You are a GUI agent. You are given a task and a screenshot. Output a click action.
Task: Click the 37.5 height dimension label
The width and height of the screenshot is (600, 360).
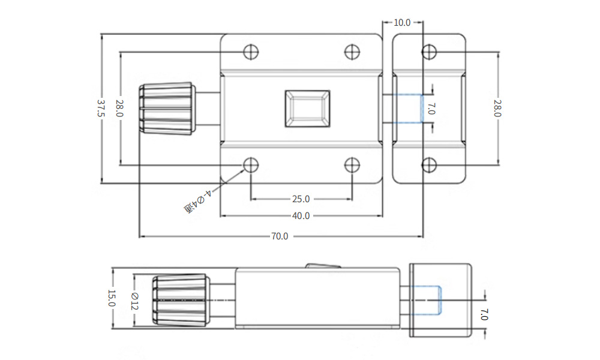(101, 108)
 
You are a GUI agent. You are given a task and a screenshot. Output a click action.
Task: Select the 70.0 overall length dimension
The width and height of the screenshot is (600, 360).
(280, 236)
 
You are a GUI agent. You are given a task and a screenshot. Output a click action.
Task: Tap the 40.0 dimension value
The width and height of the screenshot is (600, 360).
(301, 216)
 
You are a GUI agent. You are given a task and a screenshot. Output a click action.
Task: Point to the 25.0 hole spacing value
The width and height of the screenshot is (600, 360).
(301, 199)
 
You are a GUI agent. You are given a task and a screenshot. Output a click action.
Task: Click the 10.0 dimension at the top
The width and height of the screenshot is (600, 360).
(402, 23)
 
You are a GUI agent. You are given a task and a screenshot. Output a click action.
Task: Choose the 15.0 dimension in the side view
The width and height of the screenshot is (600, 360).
(112, 298)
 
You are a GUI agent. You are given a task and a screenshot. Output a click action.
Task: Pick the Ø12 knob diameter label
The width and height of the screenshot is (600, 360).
(134, 301)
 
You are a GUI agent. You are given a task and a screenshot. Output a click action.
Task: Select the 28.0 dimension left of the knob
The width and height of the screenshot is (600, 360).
(120, 108)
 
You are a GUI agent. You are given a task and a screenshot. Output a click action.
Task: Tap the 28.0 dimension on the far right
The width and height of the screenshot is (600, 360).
(497, 108)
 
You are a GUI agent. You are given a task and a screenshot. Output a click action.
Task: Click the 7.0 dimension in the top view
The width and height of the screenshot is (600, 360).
(431, 108)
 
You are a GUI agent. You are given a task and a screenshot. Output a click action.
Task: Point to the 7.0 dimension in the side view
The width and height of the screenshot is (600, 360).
(484, 314)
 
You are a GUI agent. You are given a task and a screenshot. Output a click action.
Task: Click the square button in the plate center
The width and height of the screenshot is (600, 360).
(307, 109)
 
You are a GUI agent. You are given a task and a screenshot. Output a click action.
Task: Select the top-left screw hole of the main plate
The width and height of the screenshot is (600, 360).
(251, 52)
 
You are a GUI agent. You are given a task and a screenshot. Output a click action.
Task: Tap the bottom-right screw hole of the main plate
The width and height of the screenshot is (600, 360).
(352, 165)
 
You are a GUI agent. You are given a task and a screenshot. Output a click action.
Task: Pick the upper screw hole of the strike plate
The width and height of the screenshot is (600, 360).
(430, 52)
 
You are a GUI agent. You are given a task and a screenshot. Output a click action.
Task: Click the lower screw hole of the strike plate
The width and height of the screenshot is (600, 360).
(430, 165)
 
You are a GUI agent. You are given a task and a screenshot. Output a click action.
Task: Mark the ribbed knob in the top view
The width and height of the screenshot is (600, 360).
(167, 109)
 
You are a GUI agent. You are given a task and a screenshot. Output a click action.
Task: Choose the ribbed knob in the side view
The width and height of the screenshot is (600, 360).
(181, 301)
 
